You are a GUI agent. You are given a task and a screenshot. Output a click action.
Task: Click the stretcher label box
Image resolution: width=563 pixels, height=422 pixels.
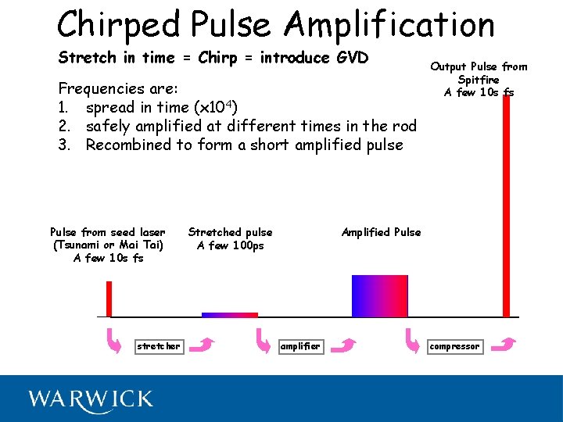(x=159, y=346)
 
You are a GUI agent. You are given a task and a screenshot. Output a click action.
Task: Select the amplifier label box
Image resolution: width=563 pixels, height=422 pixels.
(x=300, y=346)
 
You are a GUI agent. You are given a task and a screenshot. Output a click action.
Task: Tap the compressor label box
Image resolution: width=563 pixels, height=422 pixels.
(x=455, y=346)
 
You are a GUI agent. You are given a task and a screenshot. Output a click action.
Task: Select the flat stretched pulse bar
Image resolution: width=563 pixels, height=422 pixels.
(x=230, y=315)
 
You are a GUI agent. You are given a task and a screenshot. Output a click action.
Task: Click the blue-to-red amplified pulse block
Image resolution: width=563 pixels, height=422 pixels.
(x=380, y=296)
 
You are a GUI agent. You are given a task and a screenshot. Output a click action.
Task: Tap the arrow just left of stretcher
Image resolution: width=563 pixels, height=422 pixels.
(x=115, y=342)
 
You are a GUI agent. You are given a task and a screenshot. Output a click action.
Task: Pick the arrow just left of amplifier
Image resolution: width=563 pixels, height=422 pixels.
(x=264, y=342)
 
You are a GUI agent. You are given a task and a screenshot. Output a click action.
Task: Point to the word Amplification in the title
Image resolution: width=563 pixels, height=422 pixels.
(x=389, y=25)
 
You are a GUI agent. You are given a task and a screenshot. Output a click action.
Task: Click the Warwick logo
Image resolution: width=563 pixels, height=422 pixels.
(x=91, y=399)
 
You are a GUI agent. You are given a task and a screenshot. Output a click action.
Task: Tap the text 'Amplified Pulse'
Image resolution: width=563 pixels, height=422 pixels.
(x=381, y=232)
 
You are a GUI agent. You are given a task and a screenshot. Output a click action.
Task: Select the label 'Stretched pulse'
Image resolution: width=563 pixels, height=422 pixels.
(x=230, y=232)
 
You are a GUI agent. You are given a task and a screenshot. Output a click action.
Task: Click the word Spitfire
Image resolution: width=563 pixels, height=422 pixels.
(x=479, y=80)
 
